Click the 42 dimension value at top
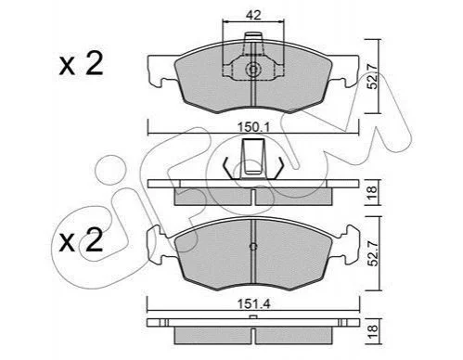[x=253, y=15]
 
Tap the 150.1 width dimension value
[x=253, y=127]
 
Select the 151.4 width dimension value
[x=253, y=304]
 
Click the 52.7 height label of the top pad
[x=372, y=76]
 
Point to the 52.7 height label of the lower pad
[x=372, y=253]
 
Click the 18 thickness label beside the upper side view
[x=372, y=192]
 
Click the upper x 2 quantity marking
[x=81, y=64]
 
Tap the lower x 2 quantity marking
[x=81, y=240]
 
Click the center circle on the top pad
[x=253, y=70]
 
